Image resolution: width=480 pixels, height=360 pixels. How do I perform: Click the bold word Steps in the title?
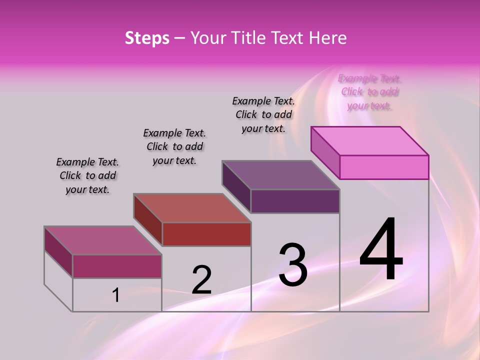click(147, 38)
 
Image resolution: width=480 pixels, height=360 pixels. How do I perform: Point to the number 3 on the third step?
click(293, 264)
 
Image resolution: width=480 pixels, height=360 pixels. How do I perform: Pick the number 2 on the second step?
click(201, 280)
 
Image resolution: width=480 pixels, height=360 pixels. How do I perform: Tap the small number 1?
click(116, 295)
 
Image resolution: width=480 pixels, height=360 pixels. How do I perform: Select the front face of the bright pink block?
click(384, 167)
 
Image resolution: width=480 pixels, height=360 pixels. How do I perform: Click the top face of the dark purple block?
click(281, 175)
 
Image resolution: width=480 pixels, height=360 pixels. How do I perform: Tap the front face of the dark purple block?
click(295, 201)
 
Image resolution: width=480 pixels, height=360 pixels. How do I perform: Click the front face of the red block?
click(206, 234)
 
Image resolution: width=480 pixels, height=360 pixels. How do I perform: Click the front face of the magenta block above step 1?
click(117, 266)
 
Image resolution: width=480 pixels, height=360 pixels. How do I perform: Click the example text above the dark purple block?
click(263, 114)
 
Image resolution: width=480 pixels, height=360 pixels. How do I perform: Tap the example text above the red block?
click(174, 146)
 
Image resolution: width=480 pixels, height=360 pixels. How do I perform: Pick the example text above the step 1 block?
click(87, 175)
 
